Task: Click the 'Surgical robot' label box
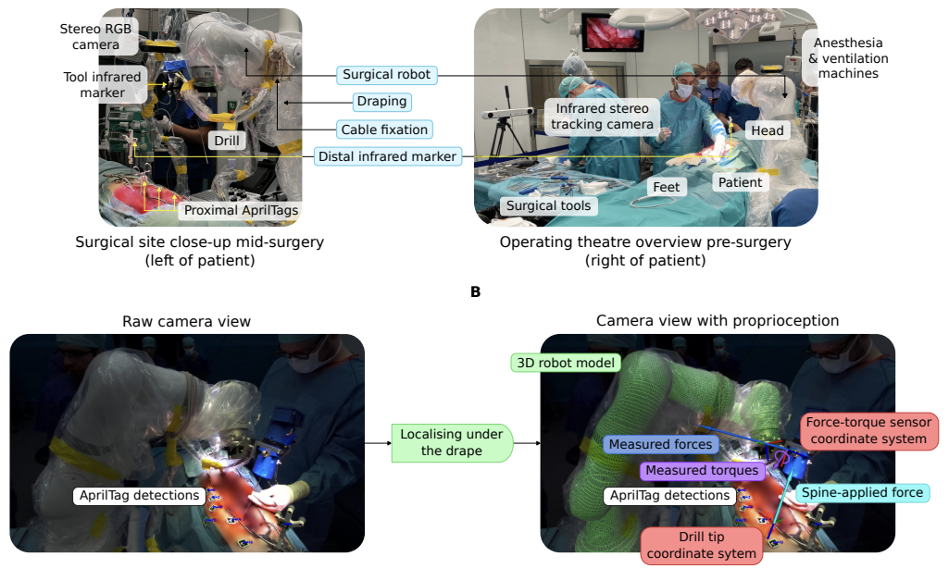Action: coord(386,75)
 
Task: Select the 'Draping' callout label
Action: coord(382,102)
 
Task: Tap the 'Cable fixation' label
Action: coord(384,130)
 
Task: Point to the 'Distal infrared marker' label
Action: coord(387,156)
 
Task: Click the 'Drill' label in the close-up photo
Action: coord(225,141)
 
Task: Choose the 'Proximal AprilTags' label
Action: coord(241,210)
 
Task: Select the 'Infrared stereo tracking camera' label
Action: coord(603,117)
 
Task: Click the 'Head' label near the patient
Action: coord(767,130)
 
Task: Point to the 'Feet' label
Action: coord(667,187)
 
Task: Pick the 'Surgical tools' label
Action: coord(548,206)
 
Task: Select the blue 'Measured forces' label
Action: coord(661,444)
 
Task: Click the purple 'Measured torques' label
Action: coord(703,471)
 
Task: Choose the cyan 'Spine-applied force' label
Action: coord(861,493)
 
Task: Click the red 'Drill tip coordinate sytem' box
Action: coord(701,545)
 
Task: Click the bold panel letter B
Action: coord(475,291)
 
